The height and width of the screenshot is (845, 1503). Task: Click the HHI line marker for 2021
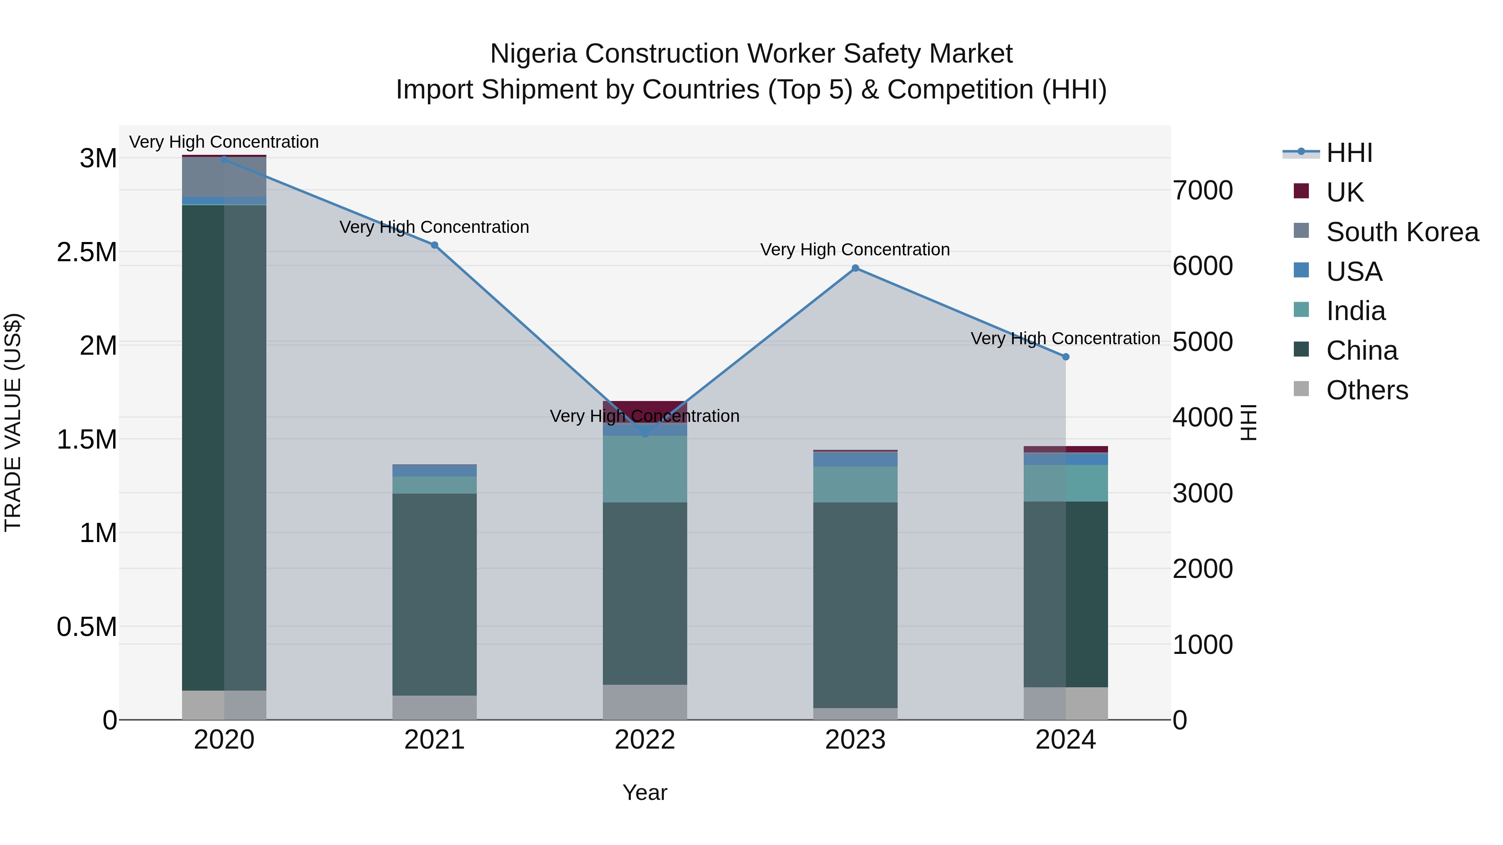434,245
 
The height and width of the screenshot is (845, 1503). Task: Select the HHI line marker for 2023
855,268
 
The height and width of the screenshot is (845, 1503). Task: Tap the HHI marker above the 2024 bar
1065,357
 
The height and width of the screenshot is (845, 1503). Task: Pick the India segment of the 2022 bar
645,469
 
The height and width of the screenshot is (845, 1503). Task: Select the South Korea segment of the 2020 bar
224,177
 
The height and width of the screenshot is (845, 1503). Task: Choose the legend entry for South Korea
1402,232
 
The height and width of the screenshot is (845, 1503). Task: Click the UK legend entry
1344,192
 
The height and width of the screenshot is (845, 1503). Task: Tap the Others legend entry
1366,390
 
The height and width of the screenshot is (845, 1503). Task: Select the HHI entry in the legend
1349,153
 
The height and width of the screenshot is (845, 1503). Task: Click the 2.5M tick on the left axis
87,252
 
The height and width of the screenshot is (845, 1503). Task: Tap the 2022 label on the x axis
645,740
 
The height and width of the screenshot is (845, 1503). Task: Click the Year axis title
645,792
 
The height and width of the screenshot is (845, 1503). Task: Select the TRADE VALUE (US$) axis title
13,422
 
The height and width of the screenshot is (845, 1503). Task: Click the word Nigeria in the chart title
533,54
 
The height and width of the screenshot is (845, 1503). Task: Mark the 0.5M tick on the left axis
87,627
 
